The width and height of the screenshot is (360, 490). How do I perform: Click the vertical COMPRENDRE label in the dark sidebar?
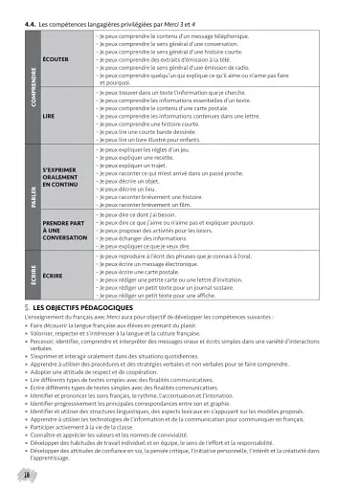coord(32,85)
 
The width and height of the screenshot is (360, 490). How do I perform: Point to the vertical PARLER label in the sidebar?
coord(32,200)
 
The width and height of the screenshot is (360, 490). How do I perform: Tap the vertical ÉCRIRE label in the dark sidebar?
coord(32,276)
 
